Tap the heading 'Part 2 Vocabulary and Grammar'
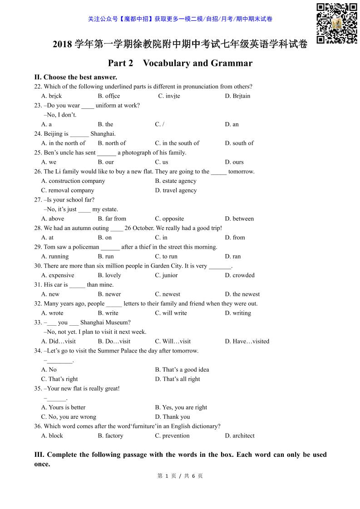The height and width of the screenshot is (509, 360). [180, 63]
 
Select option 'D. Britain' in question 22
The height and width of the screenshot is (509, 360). [237, 96]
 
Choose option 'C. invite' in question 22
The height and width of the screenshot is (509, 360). [169, 96]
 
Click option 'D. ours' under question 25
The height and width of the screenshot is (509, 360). [234, 162]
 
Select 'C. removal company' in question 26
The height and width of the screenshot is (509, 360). [68, 190]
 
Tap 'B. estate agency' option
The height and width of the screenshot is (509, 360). [176, 181]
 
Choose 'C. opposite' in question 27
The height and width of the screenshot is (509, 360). [169, 219]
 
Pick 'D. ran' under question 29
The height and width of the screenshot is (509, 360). [233, 256]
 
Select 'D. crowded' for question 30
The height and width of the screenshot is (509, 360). [240, 275]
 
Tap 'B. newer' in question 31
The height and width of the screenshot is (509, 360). [109, 294]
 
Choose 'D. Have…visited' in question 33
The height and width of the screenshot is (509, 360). [247, 341]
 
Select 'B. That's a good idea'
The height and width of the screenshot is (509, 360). [182, 370]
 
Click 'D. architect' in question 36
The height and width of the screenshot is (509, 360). [240, 436]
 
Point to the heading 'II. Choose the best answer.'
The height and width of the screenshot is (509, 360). [76, 77]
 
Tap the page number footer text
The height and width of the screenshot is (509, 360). [180, 476]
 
